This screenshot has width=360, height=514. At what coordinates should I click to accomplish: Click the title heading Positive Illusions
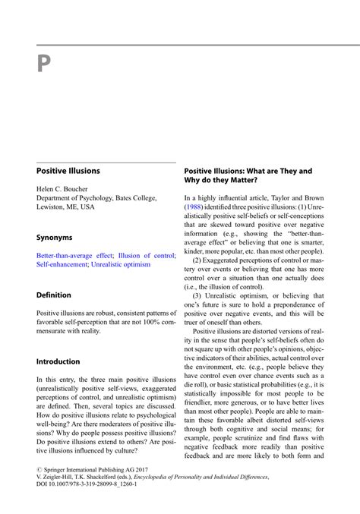[x=68, y=171]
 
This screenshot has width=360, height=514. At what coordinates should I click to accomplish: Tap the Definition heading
[x=54, y=295]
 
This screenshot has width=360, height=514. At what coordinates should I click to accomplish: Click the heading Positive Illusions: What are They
[x=250, y=171]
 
